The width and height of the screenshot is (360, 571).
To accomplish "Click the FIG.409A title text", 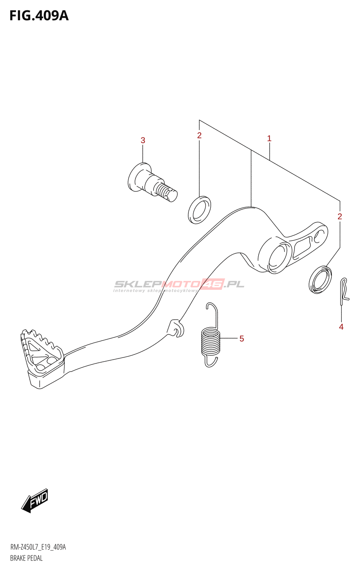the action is pos(39,16).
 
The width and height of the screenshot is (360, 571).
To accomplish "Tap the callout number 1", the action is pos(269,138).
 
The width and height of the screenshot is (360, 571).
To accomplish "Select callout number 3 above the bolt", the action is pos(143,141).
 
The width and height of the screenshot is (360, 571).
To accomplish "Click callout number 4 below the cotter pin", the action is pos(341,327).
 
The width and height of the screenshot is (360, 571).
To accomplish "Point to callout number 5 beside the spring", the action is pos(242,339).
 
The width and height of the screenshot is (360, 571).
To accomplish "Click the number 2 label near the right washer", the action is pos(340,217).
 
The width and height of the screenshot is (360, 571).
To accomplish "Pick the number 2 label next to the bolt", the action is pos(199,136).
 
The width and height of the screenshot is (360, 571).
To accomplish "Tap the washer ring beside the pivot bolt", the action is pos(199,210).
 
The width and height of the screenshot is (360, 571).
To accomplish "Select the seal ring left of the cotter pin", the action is pos(320,280).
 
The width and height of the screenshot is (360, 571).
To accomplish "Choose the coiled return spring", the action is pos(211,342).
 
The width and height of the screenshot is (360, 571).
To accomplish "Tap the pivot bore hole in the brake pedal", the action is pos(277,257).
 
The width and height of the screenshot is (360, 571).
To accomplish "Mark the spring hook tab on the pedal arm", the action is pos(176,328).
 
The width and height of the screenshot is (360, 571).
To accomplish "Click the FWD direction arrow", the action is pos(35,500).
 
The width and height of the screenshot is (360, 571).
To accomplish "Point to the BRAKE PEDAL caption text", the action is pos(26,558).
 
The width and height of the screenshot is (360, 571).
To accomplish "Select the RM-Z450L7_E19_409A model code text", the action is pos(38,547).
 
